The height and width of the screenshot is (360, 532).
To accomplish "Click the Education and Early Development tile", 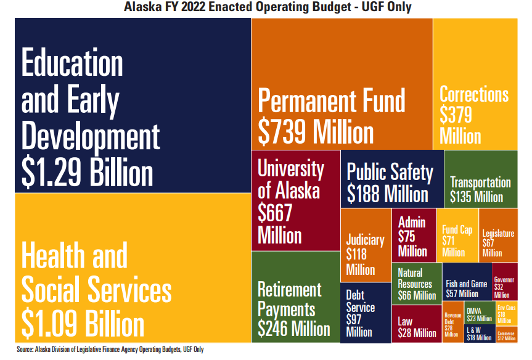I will (132, 105).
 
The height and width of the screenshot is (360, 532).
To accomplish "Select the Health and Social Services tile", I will (132, 268).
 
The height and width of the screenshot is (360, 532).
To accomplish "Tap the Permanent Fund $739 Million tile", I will (342, 83).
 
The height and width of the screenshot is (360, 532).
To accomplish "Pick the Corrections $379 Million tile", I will (475, 83).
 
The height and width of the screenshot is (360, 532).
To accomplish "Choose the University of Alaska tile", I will (295, 200).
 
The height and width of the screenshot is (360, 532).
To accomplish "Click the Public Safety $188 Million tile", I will (391, 179).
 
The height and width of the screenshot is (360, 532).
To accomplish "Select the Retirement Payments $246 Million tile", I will (295, 297).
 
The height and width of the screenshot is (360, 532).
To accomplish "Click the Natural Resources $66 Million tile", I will (417, 284).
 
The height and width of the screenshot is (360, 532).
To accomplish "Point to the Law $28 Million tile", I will (417, 324).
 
